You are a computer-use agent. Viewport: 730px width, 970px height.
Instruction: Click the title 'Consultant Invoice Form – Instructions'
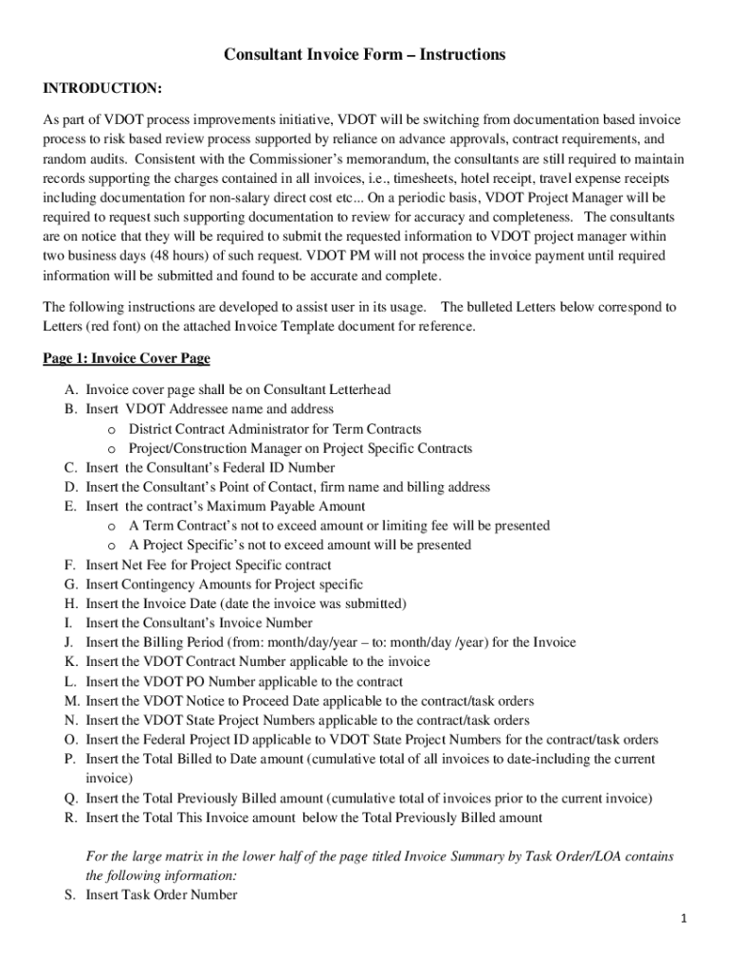coord(364,55)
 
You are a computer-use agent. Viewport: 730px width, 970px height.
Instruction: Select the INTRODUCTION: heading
coord(102,88)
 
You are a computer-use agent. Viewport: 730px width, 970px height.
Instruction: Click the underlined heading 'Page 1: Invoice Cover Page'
coord(126,359)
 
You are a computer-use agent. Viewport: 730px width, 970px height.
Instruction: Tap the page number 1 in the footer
coord(683,919)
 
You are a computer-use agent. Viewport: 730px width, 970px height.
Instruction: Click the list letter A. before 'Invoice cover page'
coord(71,389)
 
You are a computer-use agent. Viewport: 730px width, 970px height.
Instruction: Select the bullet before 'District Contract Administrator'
coord(112,429)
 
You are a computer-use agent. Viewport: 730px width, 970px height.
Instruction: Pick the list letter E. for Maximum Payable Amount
coord(71,507)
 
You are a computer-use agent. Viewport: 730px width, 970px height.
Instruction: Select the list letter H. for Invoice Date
coord(71,603)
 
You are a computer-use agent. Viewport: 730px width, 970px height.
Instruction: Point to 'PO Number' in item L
coord(222,681)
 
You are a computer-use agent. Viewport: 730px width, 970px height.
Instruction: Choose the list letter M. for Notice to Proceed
coord(72,701)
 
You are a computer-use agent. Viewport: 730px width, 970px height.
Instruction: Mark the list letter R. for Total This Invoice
coord(71,817)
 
